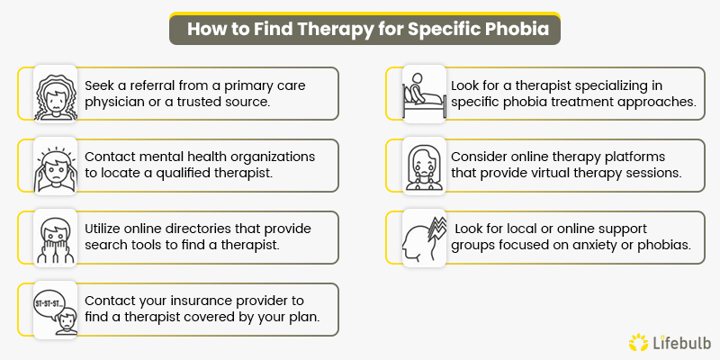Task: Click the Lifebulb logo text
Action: point(678,342)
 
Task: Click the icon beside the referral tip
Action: point(51,93)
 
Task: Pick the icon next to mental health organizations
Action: point(51,165)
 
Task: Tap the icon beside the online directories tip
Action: point(51,237)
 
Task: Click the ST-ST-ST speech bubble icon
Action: point(51,309)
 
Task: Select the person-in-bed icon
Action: point(423,93)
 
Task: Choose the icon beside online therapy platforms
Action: point(423,165)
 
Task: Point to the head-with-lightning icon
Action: point(423,237)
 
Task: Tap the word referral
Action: point(156,84)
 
